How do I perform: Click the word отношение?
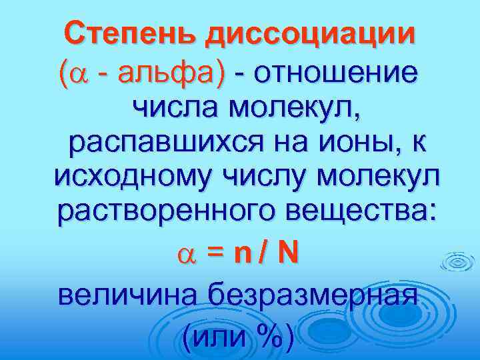341,71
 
